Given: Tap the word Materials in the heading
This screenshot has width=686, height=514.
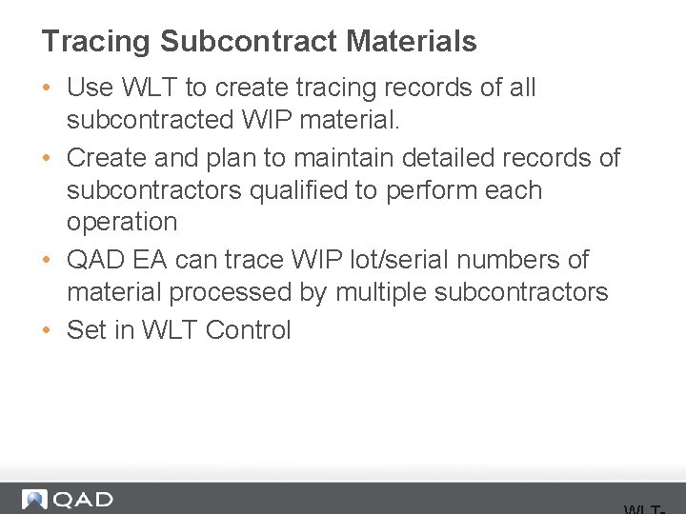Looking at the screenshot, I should tap(412, 42).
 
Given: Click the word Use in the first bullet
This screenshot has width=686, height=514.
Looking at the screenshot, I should tap(90, 88).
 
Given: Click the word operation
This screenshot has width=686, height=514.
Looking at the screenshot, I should tap(122, 222).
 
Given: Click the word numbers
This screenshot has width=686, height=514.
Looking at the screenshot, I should tap(536, 260).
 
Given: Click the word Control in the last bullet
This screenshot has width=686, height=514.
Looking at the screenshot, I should tap(248, 330).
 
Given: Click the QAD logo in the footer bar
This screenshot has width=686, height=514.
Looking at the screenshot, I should tap(68, 500).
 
